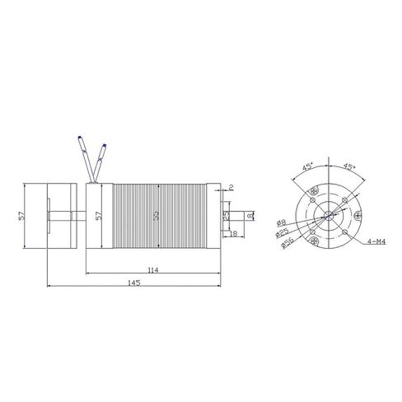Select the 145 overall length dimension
133,283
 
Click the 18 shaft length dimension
234,235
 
